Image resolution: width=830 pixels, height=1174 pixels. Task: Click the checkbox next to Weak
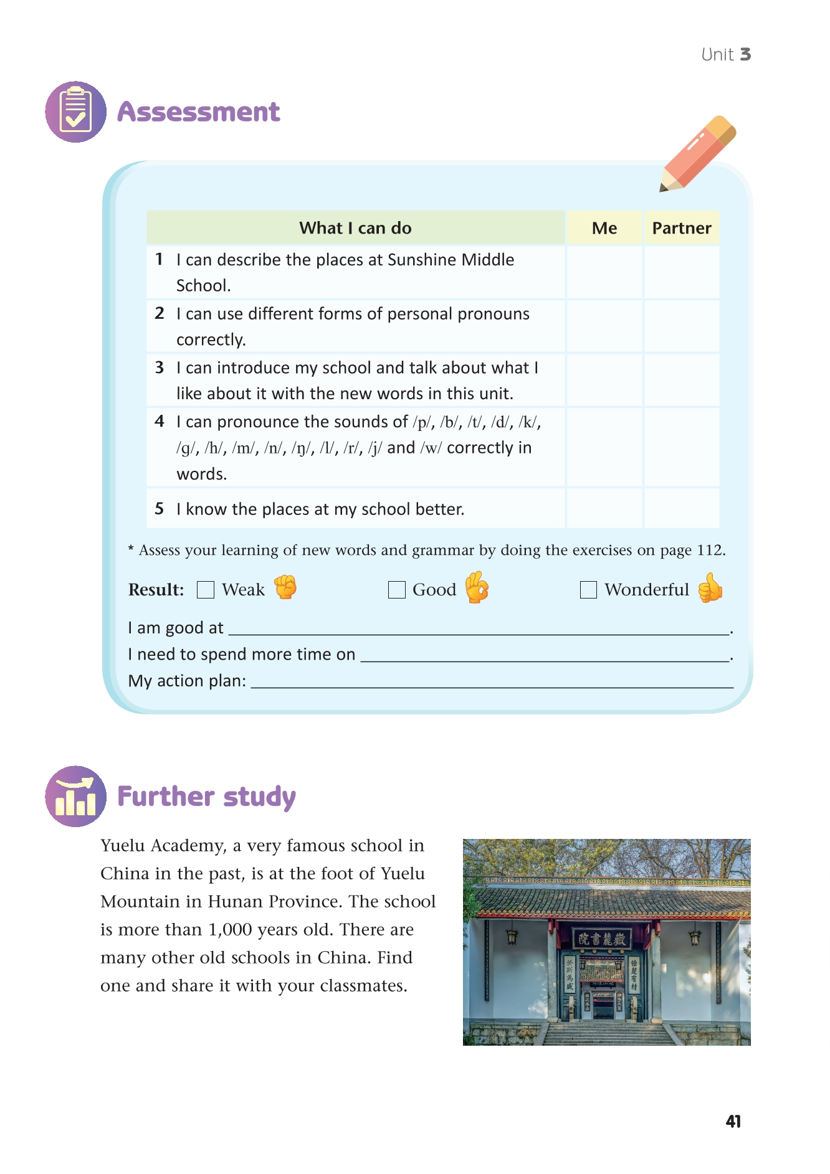click(x=206, y=590)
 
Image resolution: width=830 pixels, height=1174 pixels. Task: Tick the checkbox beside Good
click(x=397, y=590)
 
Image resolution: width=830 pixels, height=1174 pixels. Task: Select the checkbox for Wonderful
click(x=588, y=590)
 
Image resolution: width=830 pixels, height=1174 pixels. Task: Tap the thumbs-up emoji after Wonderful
click(x=710, y=588)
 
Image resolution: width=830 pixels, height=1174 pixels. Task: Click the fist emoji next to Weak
click(x=285, y=587)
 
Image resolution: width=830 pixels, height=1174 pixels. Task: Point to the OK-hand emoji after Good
click(x=477, y=587)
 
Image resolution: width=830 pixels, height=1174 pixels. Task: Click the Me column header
click(x=604, y=228)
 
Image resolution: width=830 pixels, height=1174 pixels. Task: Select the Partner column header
click(x=682, y=228)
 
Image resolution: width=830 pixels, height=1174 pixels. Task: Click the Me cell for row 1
click(x=604, y=272)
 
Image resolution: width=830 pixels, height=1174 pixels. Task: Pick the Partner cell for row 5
click(x=682, y=509)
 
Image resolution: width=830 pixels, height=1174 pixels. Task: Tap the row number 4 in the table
click(x=160, y=422)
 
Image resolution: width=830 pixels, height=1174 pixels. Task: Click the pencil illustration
click(x=698, y=154)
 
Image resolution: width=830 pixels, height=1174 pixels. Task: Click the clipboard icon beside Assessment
click(x=76, y=112)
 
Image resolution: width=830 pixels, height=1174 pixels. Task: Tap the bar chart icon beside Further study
click(x=76, y=797)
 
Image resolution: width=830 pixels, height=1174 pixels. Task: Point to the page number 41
click(x=733, y=1122)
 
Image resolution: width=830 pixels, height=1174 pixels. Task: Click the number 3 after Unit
click(x=745, y=55)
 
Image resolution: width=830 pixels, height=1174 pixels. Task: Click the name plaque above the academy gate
click(x=602, y=939)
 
